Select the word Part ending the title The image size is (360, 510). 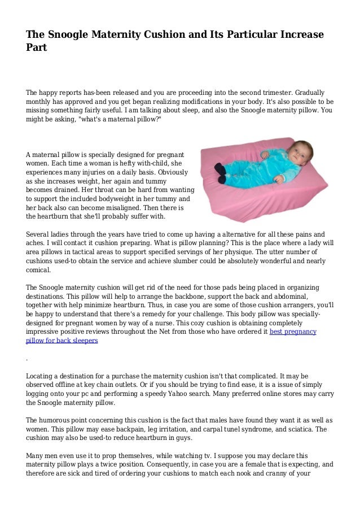pos(36,49)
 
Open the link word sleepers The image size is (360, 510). pos(82,341)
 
